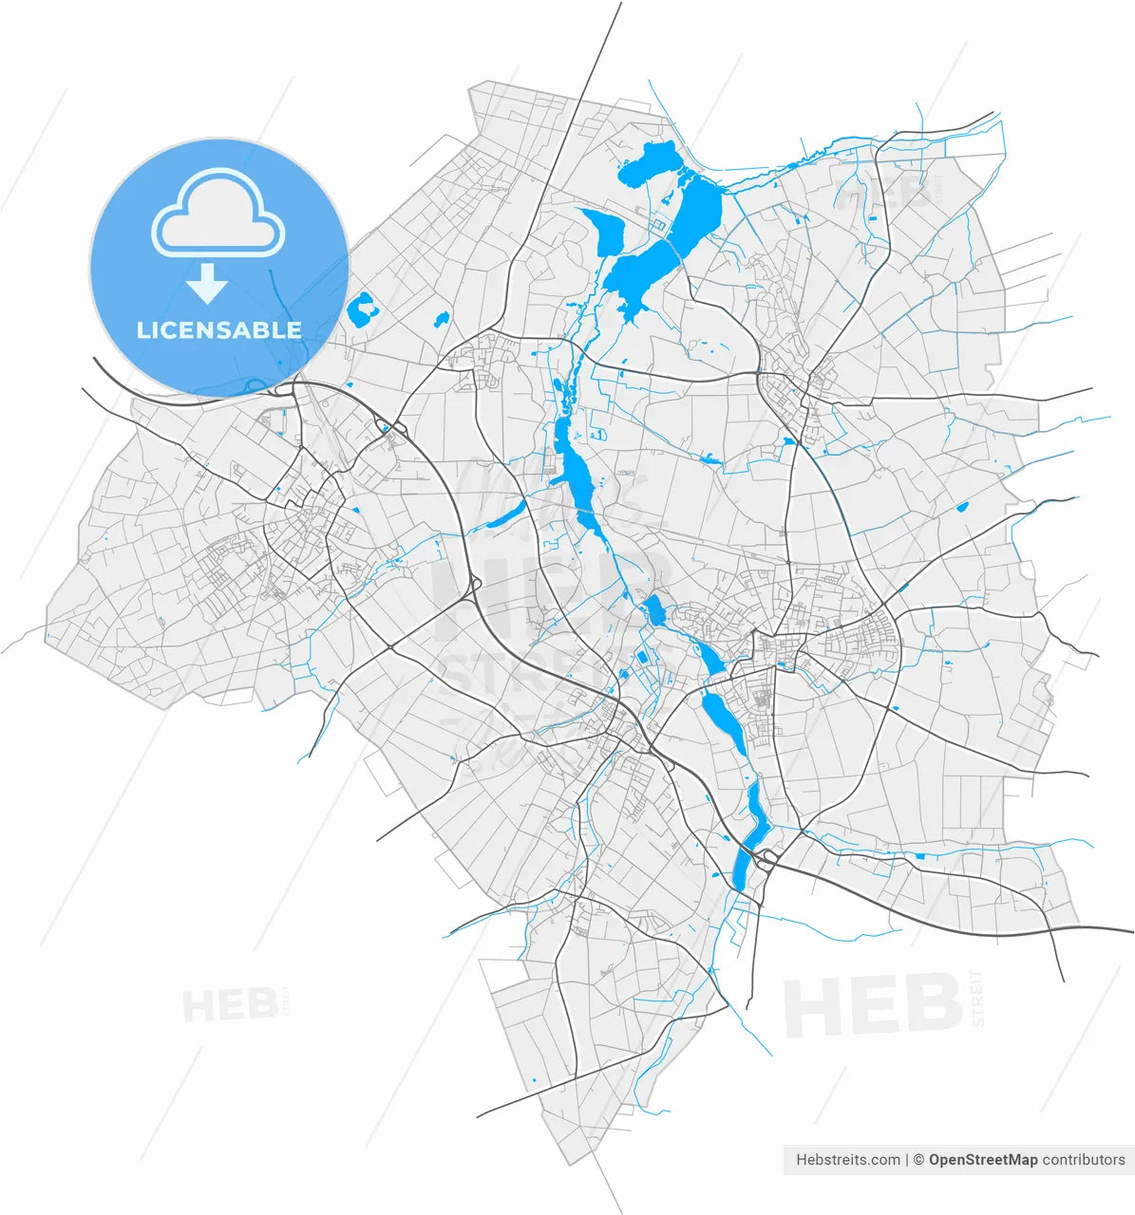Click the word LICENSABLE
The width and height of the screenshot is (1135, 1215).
pyautogui.click(x=219, y=330)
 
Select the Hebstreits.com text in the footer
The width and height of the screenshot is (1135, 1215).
pyautogui.click(x=848, y=1159)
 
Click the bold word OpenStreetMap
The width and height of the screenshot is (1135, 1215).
pyautogui.click(x=983, y=1159)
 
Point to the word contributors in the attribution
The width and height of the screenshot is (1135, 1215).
pyautogui.click(x=1084, y=1159)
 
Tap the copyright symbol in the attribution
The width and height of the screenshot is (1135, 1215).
pyautogui.click(x=918, y=1159)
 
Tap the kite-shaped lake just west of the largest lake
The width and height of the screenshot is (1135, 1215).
pyautogui.click(x=604, y=234)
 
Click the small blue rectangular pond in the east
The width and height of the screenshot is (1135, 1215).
pyautogui.click(x=961, y=506)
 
